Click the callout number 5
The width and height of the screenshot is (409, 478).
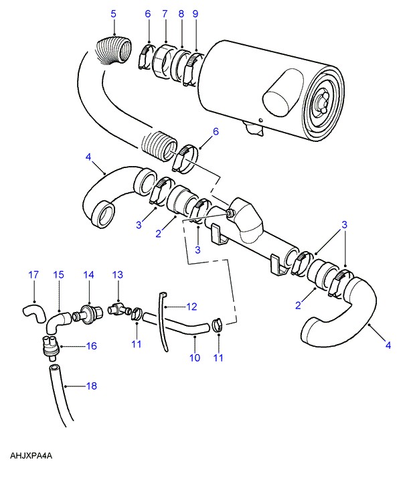tap(113, 14)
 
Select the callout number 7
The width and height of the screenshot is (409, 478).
tap(165, 14)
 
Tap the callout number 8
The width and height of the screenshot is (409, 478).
tap(181, 14)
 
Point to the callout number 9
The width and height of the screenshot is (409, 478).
tap(195, 14)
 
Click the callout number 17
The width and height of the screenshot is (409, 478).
tap(33, 275)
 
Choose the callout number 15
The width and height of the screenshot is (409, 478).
tap(58, 275)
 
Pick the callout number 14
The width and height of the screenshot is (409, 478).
tap(88, 275)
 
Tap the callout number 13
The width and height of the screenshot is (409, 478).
tap(118, 275)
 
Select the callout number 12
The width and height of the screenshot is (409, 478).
tap(191, 307)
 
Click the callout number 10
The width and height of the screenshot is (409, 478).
tap(195, 358)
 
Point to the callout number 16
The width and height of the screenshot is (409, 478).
tap(92, 346)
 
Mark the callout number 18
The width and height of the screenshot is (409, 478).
tap(92, 386)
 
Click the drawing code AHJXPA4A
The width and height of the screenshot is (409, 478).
tap(31, 456)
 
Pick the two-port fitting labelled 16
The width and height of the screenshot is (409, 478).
tap(50, 348)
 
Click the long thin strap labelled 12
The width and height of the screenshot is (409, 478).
tap(163, 320)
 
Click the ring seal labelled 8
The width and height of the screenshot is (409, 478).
tap(180, 66)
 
